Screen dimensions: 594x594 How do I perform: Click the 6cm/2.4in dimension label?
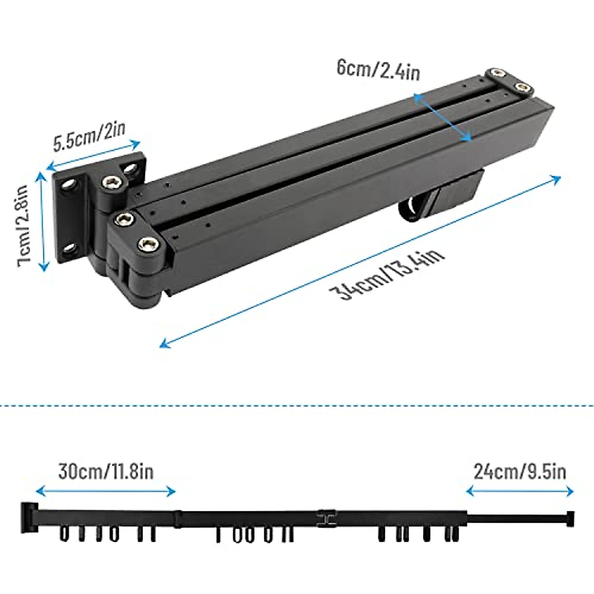pos(378,70)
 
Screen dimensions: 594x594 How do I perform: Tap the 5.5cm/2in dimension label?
pos(90,136)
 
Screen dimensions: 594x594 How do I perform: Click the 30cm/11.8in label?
pos(106,472)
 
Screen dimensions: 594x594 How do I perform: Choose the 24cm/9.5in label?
pos(520,472)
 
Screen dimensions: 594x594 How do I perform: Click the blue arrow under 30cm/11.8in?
pos(106,492)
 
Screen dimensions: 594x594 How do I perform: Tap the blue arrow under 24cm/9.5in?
pos(520,492)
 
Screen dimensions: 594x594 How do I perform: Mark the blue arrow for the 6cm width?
pos(443,118)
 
